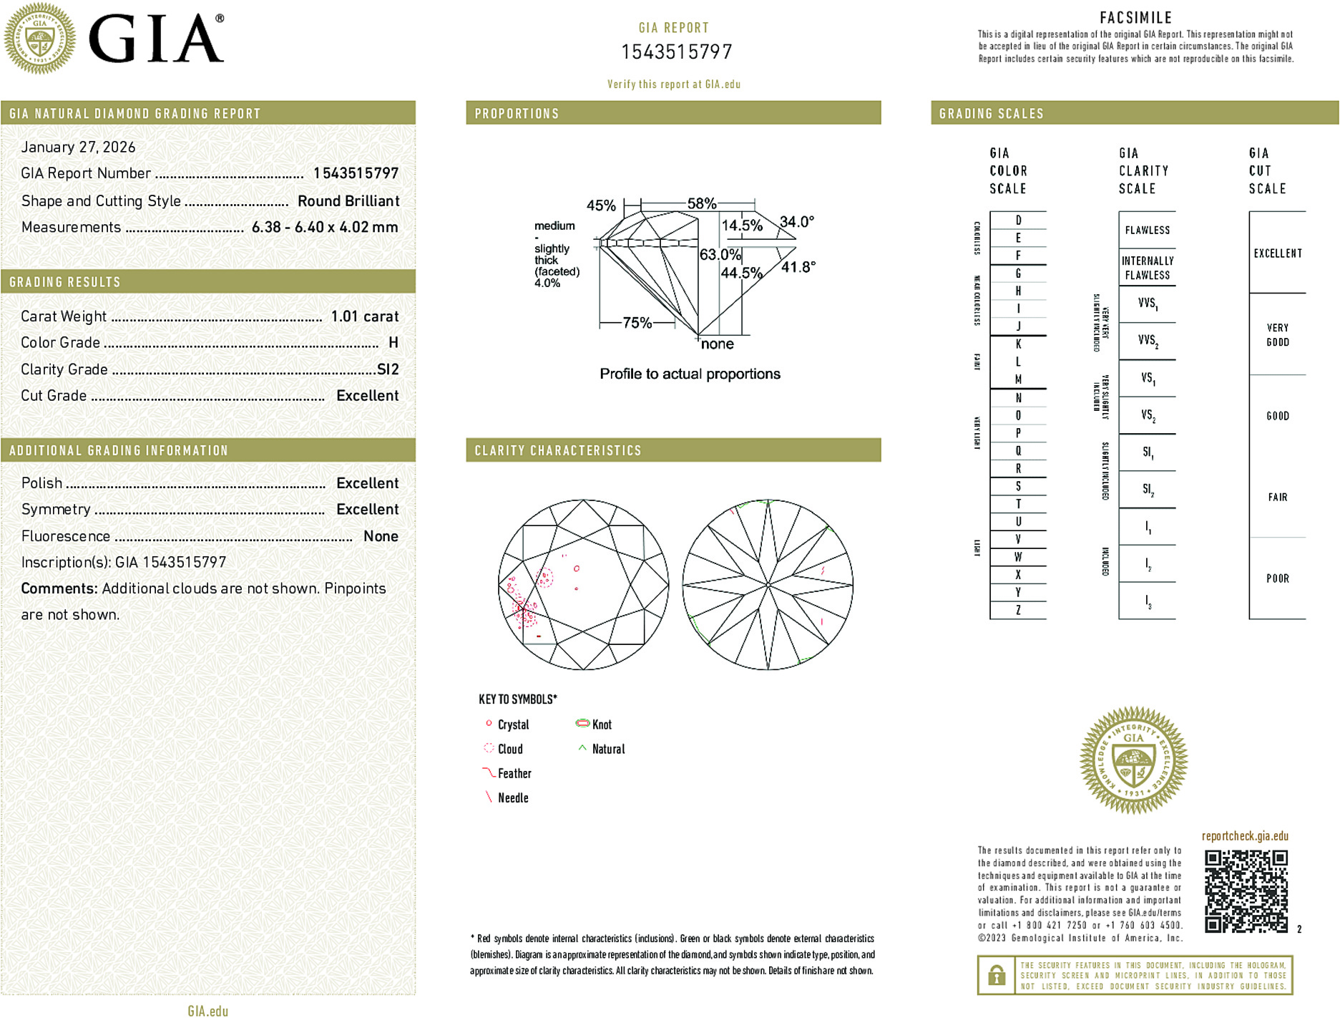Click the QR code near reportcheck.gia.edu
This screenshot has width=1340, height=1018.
1246,891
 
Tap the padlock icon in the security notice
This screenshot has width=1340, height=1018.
996,975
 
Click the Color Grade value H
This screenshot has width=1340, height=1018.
393,343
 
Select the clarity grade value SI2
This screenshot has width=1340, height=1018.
388,369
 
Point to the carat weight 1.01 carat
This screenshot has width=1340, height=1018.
364,316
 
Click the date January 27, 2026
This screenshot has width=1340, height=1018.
78,147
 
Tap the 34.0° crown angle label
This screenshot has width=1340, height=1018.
796,222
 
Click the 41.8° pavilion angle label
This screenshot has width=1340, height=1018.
798,267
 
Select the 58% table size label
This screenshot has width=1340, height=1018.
701,203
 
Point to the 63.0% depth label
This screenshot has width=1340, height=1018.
719,255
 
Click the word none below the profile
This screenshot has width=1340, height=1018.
717,344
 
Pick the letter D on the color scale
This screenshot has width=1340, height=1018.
1018,220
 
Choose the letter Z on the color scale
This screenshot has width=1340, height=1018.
1018,610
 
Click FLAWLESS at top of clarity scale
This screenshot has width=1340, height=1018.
1147,231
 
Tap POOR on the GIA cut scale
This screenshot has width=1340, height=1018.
1277,578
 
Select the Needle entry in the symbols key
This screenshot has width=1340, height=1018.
512,798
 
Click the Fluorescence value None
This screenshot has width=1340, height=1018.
381,536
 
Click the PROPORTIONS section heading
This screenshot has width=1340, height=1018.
517,114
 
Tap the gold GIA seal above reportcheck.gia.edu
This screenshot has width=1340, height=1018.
1133,760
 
